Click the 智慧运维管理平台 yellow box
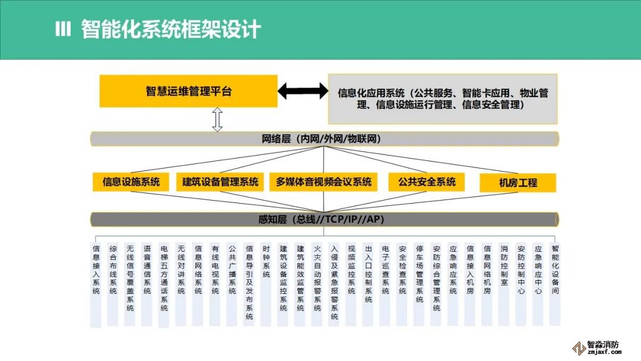[x=188, y=91]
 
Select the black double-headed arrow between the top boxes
[x=303, y=91]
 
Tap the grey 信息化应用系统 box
[x=443, y=99]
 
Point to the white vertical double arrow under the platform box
[x=217, y=119]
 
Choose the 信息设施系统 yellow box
[x=131, y=182]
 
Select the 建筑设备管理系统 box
[x=220, y=182]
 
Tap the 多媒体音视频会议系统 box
[x=324, y=182]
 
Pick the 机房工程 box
[x=518, y=183]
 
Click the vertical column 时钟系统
[x=266, y=262]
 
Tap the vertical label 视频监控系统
[x=351, y=270]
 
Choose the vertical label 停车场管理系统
[x=420, y=274]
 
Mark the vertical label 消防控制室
[x=504, y=266]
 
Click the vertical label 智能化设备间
[x=556, y=270]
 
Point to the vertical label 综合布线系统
[x=113, y=270]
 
